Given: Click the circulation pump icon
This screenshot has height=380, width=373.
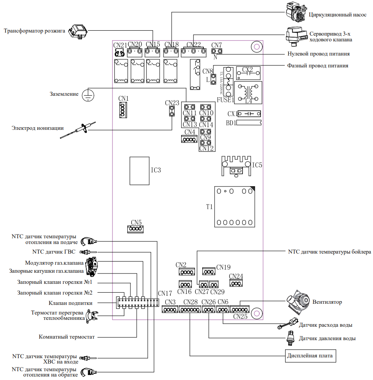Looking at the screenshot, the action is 296,12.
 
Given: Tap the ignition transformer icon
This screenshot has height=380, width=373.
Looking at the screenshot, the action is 78,31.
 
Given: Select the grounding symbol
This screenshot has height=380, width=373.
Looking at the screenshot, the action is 88,95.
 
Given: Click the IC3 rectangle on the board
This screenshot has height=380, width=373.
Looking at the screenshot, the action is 139,171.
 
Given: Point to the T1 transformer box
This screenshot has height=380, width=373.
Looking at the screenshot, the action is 234,207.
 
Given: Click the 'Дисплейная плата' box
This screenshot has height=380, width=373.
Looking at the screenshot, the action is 310,356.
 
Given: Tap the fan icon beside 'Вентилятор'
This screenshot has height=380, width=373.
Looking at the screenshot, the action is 298,301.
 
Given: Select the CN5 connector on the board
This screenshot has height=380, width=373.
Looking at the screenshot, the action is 135,229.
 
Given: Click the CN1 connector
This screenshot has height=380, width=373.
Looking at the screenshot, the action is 123,110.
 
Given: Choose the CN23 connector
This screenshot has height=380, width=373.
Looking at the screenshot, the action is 172,111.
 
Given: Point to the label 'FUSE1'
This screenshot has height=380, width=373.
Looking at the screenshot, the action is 225,100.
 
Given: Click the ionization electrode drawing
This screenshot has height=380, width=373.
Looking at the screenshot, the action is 78,130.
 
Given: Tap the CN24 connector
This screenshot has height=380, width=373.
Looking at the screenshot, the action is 236,283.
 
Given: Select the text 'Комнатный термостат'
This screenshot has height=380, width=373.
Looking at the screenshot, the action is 67,337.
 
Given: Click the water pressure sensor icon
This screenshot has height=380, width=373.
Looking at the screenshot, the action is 290,338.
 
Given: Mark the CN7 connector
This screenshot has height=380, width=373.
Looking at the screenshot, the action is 216,51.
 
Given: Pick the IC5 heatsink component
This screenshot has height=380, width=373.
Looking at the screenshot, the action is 236,166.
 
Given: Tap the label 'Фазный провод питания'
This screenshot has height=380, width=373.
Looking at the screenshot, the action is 318,66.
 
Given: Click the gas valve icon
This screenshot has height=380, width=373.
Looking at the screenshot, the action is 92,267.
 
